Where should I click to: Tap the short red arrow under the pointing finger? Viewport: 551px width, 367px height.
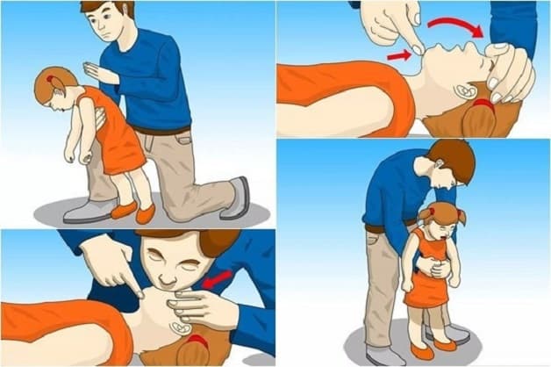[x=397, y=55]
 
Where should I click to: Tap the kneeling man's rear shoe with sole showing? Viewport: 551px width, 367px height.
[x=237, y=198]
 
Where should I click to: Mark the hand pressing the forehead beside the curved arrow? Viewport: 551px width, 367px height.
[x=510, y=71]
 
